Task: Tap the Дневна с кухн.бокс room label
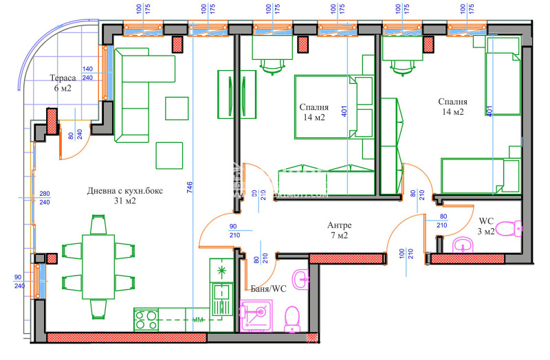[x=124, y=196]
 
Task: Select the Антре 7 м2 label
[x=340, y=230]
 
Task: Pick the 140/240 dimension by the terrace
[x=87, y=74]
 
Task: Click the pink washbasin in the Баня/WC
[x=300, y=278]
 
